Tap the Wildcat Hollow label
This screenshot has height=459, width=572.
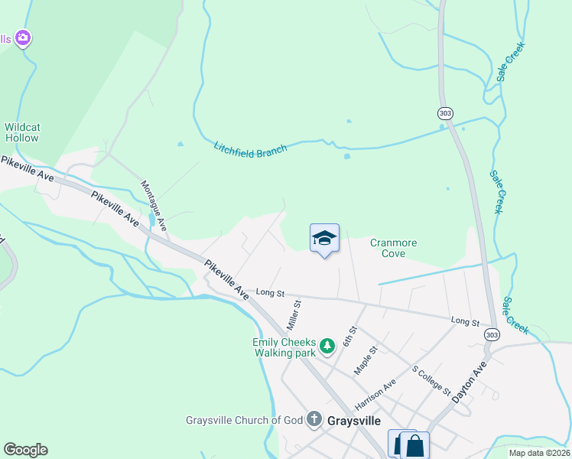point(21,133)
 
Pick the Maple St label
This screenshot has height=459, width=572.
point(366,360)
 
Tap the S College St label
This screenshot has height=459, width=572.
point(431,379)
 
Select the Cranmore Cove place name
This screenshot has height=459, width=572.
point(393,248)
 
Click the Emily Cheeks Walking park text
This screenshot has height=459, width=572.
point(284,347)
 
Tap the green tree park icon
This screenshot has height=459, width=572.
point(327,347)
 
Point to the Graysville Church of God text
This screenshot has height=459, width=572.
point(244,420)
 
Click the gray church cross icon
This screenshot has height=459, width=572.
point(314,419)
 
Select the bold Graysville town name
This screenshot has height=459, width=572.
point(354,421)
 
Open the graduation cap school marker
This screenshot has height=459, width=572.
point(324,239)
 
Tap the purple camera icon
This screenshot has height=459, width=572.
point(23,37)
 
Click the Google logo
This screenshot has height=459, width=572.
point(25,450)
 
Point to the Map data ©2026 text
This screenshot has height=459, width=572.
point(538,453)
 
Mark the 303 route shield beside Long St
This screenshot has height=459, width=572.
point(492,335)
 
